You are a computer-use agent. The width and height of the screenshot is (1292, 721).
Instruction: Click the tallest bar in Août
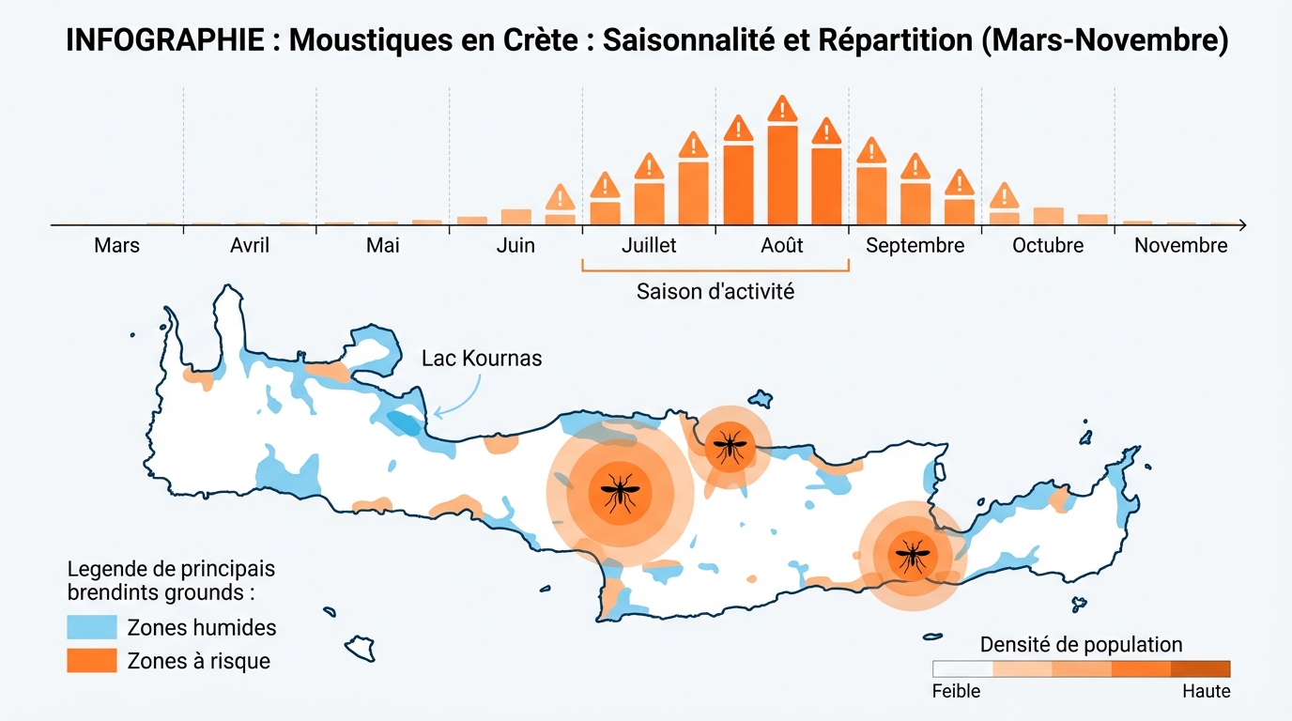click(x=782, y=174)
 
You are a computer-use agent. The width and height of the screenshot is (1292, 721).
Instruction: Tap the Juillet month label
click(x=649, y=246)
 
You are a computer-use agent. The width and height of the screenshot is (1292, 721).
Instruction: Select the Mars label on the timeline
click(x=116, y=246)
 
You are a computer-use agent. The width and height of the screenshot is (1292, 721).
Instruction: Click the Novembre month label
click(x=1180, y=246)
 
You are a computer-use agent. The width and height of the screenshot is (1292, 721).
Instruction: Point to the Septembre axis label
click(x=915, y=246)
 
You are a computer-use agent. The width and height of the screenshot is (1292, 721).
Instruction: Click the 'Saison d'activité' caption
click(x=715, y=291)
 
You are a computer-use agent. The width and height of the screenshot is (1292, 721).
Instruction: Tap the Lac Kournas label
click(x=482, y=359)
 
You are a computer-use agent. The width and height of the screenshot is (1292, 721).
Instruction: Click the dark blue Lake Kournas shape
click(x=405, y=423)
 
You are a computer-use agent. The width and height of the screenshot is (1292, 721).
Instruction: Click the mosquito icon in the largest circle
click(x=618, y=492)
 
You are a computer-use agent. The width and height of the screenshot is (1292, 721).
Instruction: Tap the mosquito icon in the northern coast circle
click(x=730, y=444)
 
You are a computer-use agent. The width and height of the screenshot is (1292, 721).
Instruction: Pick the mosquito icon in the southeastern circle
click(x=910, y=555)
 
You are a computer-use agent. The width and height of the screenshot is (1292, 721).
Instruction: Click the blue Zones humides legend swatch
click(x=92, y=627)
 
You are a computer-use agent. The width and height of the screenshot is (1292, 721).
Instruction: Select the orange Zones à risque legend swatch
click(x=92, y=661)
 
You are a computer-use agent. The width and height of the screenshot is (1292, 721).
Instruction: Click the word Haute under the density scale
click(x=1206, y=691)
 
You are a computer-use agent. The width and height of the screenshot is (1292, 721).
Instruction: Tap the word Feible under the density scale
click(x=956, y=691)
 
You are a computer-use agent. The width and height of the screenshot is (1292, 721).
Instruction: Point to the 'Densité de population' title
click(x=1081, y=645)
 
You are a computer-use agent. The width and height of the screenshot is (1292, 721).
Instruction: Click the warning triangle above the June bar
click(x=561, y=198)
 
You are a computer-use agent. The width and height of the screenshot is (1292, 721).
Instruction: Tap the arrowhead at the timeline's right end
click(x=1242, y=225)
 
